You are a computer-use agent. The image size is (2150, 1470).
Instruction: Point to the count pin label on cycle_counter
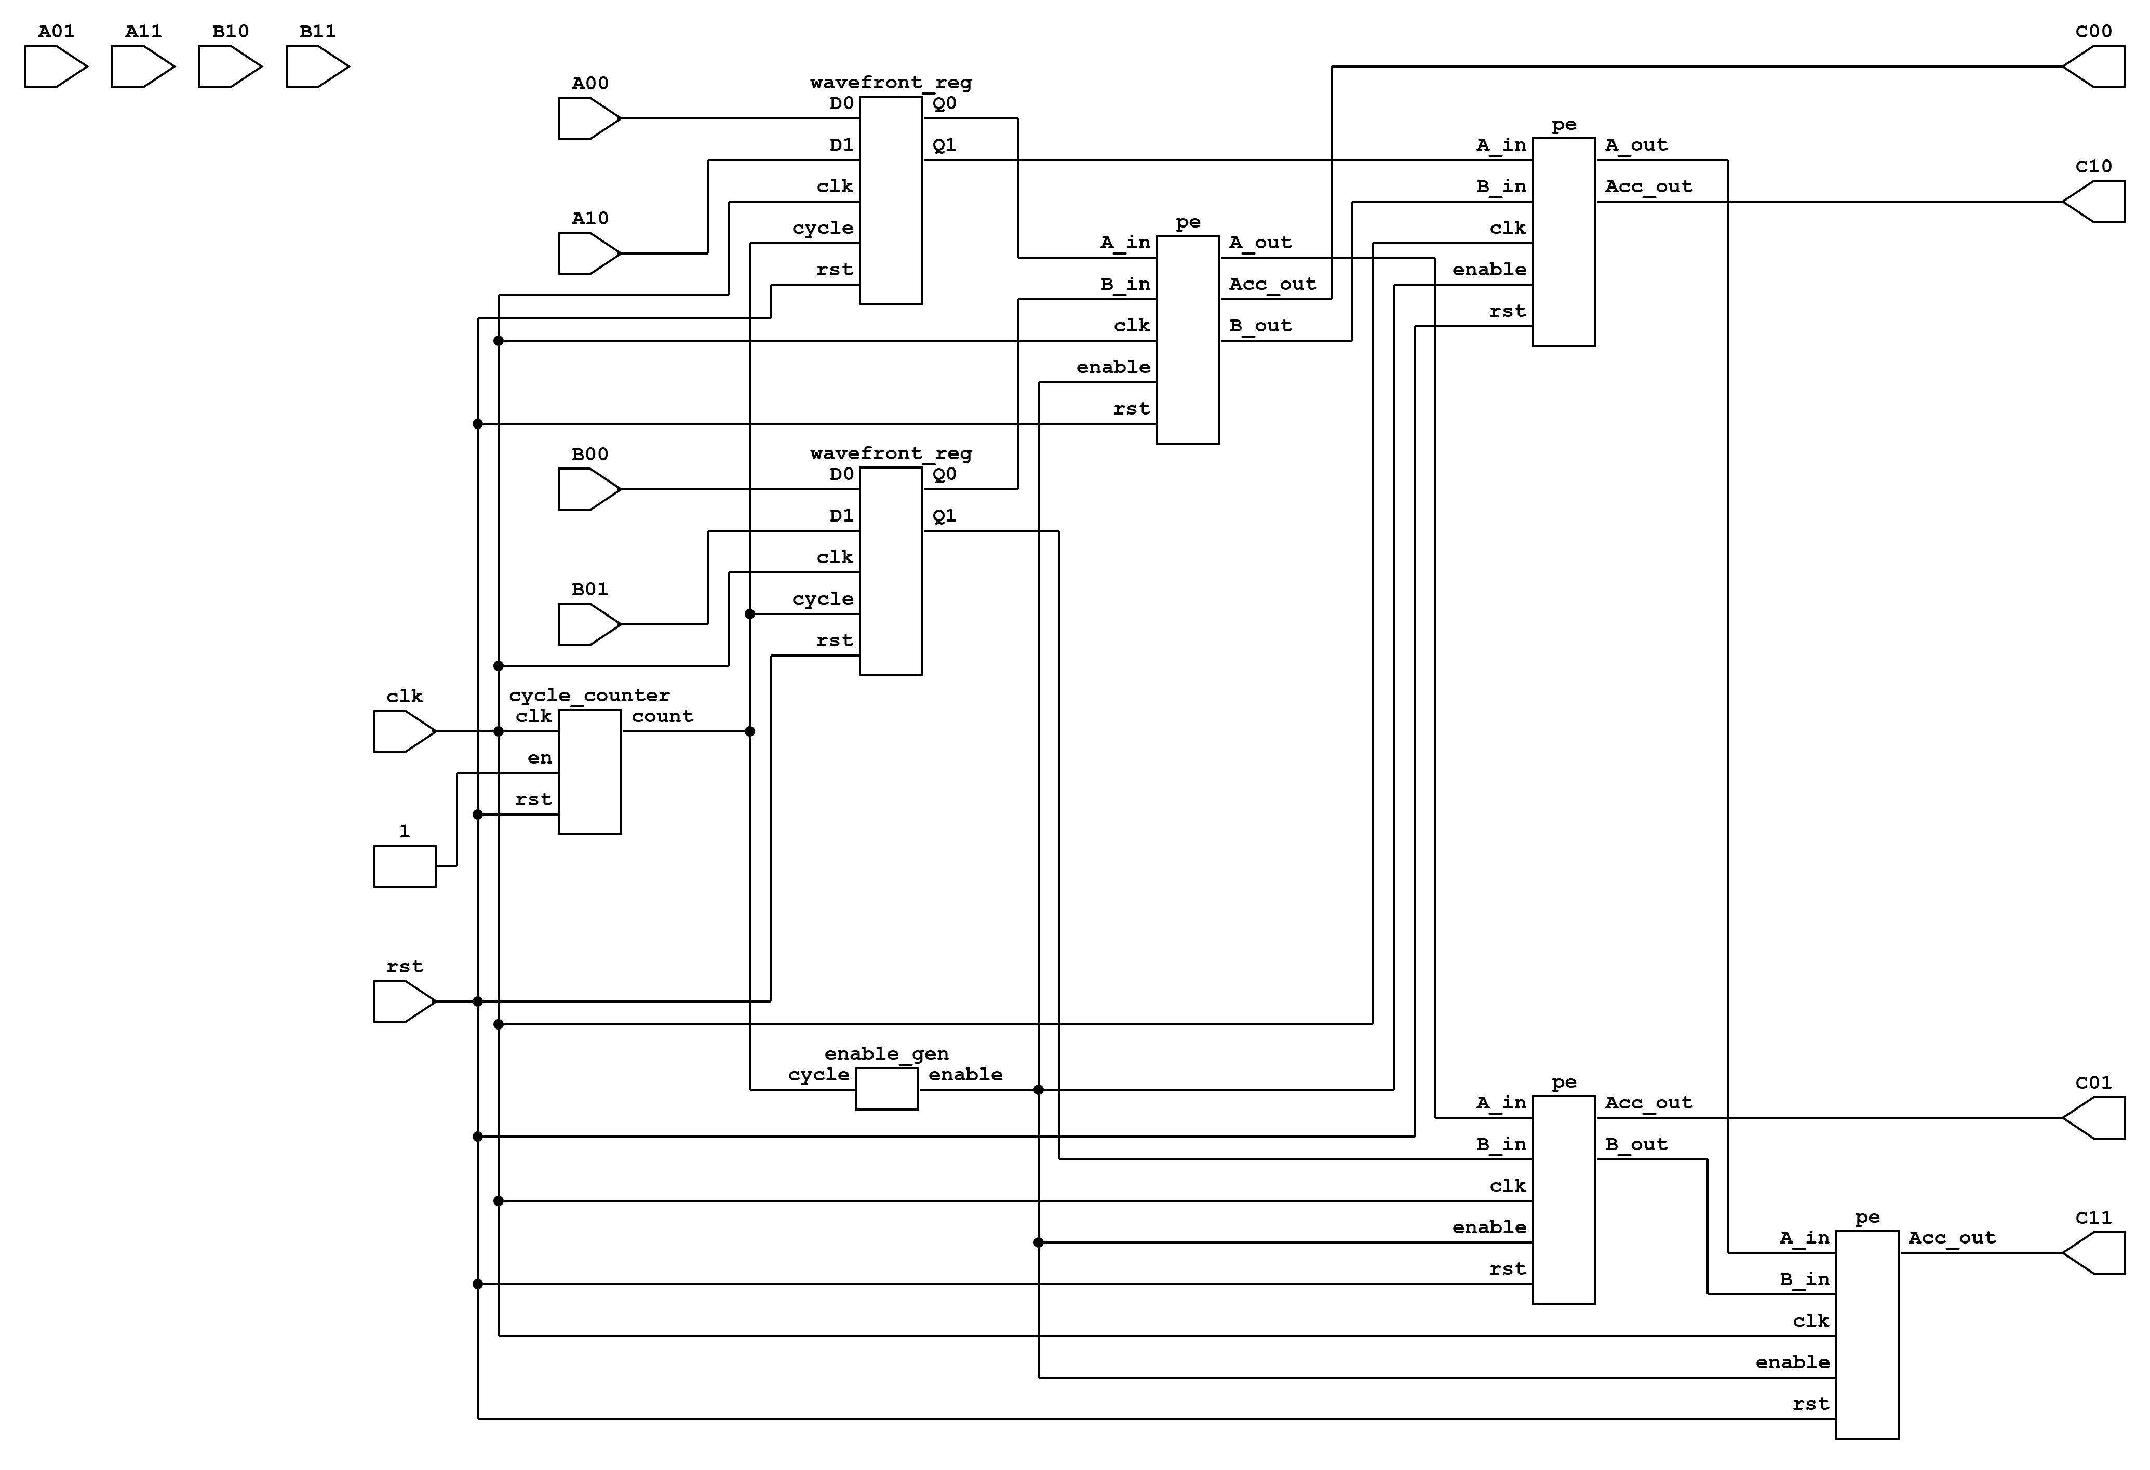click(x=662, y=716)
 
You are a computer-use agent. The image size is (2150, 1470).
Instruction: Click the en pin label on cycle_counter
click(x=540, y=758)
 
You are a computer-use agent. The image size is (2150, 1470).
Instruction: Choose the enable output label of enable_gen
click(x=965, y=1074)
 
